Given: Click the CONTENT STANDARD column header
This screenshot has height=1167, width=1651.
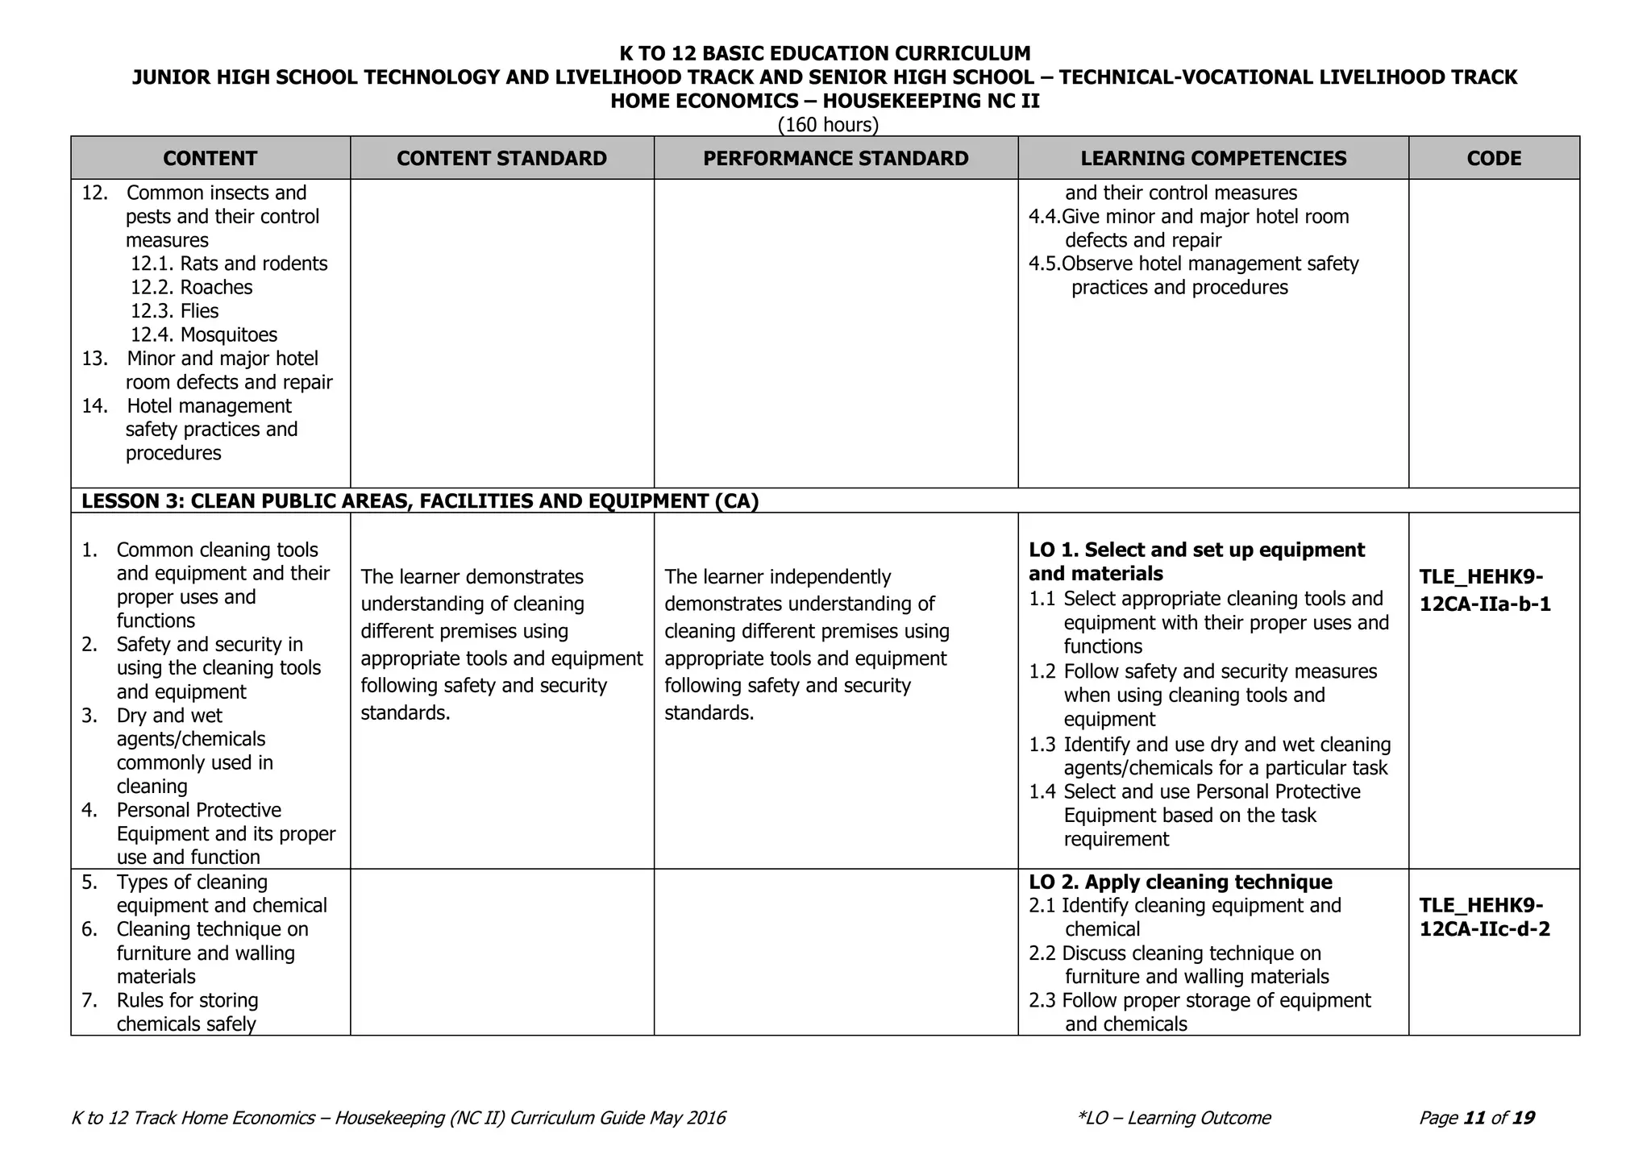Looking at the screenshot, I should pyautogui.click(x=501, y=158).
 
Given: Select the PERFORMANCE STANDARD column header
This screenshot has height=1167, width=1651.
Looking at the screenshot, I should pyautogui.click(x=835, y=158).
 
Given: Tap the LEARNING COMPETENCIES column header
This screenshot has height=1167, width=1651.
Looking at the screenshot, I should pyautogui.click(x=1213, y=158).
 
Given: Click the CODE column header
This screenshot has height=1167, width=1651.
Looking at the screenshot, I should pyautogui.click(x=1494, y=158).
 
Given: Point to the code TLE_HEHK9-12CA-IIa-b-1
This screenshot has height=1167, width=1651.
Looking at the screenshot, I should pyautogui.click(x=1484, y=591).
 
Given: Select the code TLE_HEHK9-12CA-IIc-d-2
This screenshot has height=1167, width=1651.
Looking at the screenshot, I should pyautogui.click(x=1484, y=917).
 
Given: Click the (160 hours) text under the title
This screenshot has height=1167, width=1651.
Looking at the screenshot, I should pyautogui.click(x=828, y=125).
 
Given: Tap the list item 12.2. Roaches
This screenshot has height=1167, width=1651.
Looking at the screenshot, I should pyautogui.click(x=192, y=288).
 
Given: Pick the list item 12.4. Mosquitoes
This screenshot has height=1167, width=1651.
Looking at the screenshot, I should pyautogui.click(x=204, y=334).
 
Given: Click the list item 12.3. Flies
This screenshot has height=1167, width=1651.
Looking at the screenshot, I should pyautogui.click(x=175, y=311).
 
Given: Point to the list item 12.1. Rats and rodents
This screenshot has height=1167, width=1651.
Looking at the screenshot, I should pyautogui.click(x=229, y=264).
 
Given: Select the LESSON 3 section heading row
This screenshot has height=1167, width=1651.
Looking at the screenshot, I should pyautogui.click(x=420, y=501).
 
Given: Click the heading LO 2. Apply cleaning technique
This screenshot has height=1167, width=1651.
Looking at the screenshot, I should pyautogui.click(x=1180, y=882).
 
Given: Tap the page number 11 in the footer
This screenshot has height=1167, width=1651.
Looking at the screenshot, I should pyautogui.click(x=1474, y=1118).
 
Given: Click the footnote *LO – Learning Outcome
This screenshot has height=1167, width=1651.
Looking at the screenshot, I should pyautogui.click(x=1173, y=1118).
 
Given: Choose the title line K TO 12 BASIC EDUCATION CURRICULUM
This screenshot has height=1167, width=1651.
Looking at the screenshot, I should pyautogui.click(x=825, y=54).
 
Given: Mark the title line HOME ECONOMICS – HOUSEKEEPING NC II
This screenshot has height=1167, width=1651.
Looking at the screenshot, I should pyautogui.click(x=825, y=101).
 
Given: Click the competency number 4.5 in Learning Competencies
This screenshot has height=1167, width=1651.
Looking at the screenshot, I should pyautogui.click(x=1044, y=264).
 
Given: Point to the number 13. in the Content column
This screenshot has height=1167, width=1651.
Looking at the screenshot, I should pyautogui.click(x=94, y=359).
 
